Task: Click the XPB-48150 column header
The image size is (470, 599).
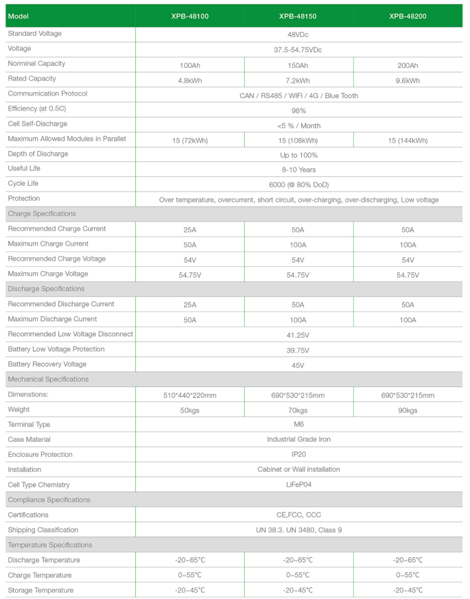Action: (x=298, y=15)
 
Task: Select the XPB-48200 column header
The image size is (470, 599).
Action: (x=408, y=15)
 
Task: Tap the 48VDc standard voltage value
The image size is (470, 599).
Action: (x=298, y=34)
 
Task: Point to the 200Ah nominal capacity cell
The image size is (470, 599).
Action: (x=408, y=65)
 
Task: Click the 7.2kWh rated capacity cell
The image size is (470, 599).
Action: (x=298, y=80)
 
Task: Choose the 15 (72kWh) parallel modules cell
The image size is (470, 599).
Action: (x=189, y=140)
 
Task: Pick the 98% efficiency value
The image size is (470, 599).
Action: (x=298, y=110)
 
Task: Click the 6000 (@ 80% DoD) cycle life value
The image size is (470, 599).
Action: (x=298, y=185)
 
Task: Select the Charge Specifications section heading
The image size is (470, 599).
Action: (x=42, y=214)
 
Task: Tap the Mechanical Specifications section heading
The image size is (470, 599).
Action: (x=48, y=379)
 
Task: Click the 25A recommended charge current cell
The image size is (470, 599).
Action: (x=189, y=230)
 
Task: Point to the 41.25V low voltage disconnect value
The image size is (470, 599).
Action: (x=298, y=336)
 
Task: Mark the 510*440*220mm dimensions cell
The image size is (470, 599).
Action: (x=189, y=395)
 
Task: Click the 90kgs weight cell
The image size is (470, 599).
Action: (x=408, y=410)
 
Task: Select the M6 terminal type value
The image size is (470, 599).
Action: (x=298, y=425)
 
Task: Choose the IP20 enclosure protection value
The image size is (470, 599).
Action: (x=298, y=454)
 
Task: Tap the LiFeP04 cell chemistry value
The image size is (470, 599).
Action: (x=298, y=484)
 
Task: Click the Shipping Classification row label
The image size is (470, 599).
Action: (x=43, y=530)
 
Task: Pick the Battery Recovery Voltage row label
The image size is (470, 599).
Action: (x=47, y=364)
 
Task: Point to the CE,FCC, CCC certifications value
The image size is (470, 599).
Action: (x=298, y=515)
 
